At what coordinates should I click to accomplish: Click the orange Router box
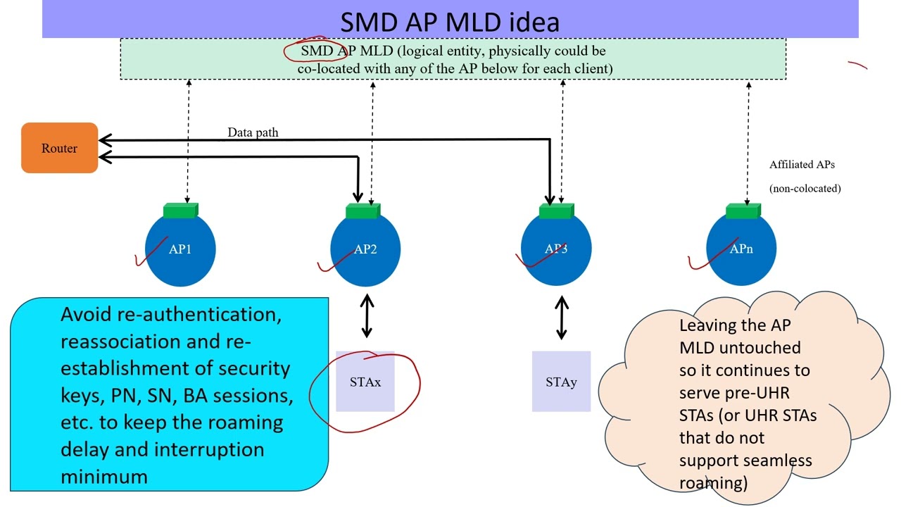(59, 148)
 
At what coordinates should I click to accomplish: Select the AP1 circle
(180, 250)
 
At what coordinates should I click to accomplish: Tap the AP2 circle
(365, 250)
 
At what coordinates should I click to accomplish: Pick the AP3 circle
(556, 250)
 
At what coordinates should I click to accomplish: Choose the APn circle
(741, 250)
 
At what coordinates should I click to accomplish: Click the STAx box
(365, 382)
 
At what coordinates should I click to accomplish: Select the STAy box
(561, 382)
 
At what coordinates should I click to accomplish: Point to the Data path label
(253, 132)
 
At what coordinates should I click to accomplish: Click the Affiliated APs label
(802, 165)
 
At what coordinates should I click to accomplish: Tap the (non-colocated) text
(805, 188)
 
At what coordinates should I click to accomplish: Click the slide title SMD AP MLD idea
(450, 21)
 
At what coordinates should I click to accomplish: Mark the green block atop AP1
(181, 211)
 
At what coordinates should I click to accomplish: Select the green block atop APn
(743, 211)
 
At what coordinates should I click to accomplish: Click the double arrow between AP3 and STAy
(561, 317)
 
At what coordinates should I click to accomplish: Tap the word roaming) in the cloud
(712, 483)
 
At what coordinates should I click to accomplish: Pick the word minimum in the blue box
(104, 477)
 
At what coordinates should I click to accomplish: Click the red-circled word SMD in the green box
(315, 51)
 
